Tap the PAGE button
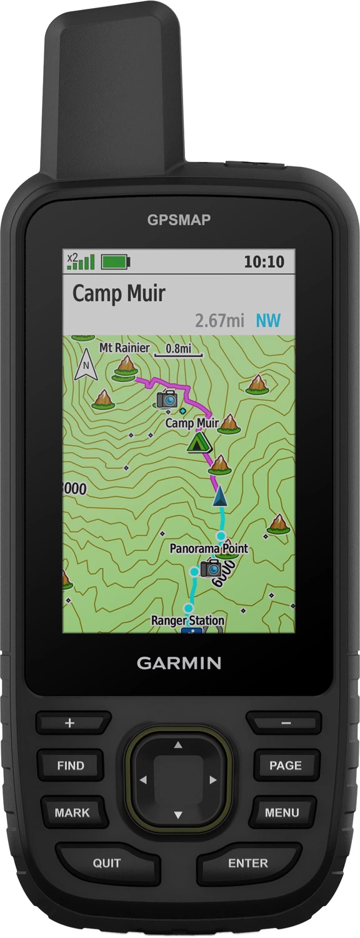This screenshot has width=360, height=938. tap(285, 765)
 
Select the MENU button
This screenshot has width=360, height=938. tap(282, 813)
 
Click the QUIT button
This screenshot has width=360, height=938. tap(107, 863)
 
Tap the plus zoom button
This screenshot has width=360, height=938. tap(70, 724)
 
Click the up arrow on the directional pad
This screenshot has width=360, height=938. tap(178, 745)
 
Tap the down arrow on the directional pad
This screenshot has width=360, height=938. tap(178, 815)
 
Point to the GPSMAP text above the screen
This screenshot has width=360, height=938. tap(179, 219)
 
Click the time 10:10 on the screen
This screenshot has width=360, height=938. tap(264, 261)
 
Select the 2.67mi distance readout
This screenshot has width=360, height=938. tap(219, 321)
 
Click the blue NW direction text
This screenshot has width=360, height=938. tap(268, 321)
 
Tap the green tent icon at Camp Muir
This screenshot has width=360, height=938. tap(199, 444)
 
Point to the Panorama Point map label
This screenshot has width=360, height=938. tap(209, 548)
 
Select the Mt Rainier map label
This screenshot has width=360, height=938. tap(125, 348)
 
